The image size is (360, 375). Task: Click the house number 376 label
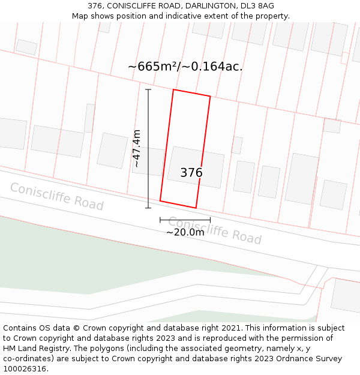(191, 173)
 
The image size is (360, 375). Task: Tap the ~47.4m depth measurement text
(137, 148)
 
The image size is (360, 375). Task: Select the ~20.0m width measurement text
(185, 232)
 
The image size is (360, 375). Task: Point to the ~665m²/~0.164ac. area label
(185, 67)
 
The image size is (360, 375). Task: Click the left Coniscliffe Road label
(56, 196)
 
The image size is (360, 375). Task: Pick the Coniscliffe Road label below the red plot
(214, 230)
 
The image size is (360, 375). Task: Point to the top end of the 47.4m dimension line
(148, 89)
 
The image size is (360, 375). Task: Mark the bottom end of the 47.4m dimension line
(148, 208)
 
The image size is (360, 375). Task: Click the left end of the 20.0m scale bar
(160, 220)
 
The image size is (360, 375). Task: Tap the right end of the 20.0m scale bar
(211, 220)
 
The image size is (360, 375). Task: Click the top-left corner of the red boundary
(173, 90)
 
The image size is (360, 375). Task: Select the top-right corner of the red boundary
(210, 96)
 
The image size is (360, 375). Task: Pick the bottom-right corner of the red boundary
(196, 208)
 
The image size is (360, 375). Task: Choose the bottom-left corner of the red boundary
(160, 200)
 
